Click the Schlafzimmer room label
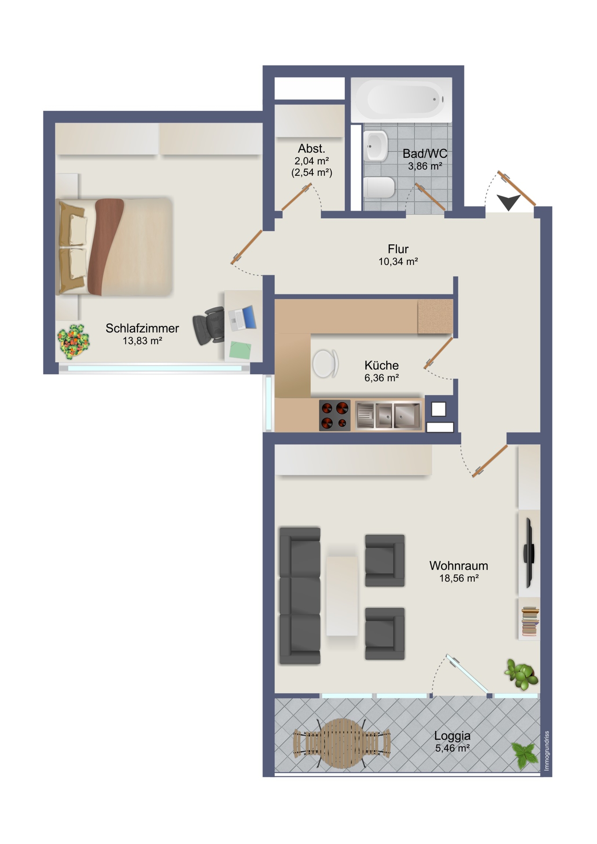142,328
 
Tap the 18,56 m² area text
459,578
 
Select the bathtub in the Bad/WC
402,100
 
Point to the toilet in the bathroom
379,188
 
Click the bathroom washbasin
376,146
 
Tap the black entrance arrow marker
509,202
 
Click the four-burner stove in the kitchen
335,415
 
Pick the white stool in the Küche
326,364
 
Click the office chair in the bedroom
209,326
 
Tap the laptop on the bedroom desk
243,318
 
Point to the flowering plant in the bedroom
73,341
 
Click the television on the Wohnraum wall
529,553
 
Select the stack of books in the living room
530,621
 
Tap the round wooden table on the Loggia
342,743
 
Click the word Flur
398,249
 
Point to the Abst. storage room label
311,149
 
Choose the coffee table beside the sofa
342,596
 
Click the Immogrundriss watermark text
546,751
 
